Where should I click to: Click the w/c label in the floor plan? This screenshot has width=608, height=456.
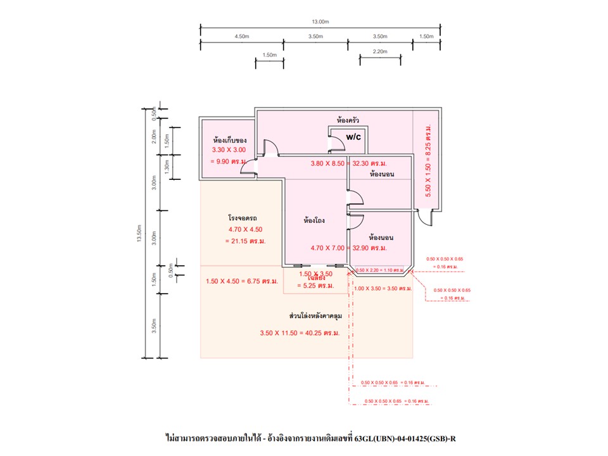(353, 136)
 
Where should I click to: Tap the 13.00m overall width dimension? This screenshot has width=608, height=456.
(320, 22)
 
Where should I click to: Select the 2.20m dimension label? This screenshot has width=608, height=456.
(380, 51)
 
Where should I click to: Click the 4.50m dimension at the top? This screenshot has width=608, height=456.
(241, 37)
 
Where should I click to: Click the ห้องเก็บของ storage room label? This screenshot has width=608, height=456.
(230, 140)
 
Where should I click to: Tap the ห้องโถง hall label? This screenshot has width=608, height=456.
(315, 221)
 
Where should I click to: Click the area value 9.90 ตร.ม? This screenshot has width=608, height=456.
(228, 161)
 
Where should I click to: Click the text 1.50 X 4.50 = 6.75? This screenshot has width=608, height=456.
(242, 281)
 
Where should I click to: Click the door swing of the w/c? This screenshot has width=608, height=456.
(338, 142)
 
